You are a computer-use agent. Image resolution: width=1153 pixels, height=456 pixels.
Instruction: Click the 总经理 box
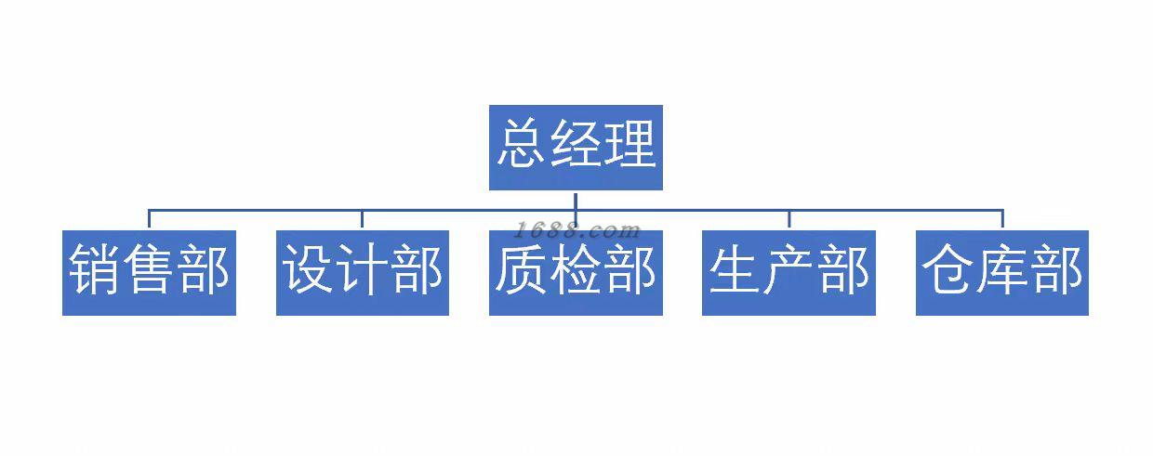(576, 147)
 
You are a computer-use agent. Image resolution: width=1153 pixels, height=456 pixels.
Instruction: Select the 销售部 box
(149, 272)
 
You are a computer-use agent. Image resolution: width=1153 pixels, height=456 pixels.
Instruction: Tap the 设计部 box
(363, 272)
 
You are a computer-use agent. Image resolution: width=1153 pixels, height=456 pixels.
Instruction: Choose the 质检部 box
(576, 272)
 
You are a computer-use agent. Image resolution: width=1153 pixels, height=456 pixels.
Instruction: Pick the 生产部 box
(789, 272)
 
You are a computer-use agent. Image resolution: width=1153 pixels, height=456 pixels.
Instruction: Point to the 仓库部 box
(1001, 272)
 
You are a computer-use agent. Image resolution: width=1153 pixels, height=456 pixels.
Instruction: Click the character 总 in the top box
(522, 146)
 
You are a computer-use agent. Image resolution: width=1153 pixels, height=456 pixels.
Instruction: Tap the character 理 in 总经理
(630, 146)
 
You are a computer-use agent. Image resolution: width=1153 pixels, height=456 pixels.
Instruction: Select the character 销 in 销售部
(96, 271)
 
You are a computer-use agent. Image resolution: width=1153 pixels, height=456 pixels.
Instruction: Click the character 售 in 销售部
(149, 271)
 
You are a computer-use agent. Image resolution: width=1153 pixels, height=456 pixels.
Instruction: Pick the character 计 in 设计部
(363, 271)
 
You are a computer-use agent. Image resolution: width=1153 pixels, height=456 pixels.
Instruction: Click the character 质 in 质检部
(522, 271)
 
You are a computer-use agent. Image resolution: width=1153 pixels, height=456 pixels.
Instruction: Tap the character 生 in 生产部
(736, 271)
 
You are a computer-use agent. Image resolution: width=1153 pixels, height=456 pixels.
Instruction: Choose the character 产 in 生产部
(789, 271)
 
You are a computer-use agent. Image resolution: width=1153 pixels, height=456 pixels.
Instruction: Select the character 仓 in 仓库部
(948, 271)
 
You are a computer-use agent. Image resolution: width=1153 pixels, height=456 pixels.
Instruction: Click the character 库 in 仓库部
(1001, 271)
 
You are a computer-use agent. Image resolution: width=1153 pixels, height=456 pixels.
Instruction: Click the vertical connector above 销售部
(149, 220)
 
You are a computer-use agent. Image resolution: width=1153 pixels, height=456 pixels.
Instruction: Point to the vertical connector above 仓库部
(1001, 220)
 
